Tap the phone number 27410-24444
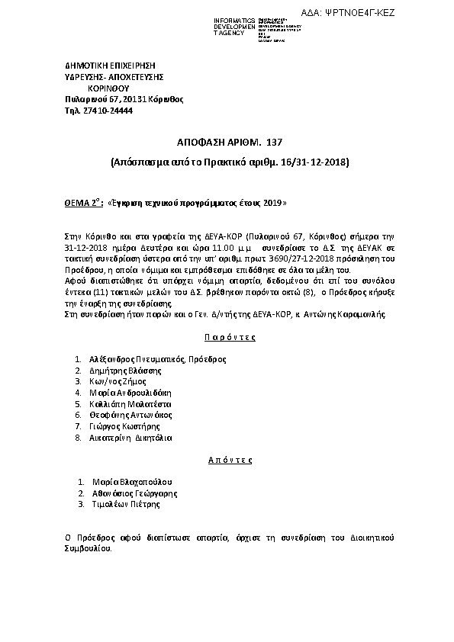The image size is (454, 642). pos(108,111)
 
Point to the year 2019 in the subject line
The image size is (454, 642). pos(275,204)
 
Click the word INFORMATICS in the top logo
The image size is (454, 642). pos(233,19)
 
